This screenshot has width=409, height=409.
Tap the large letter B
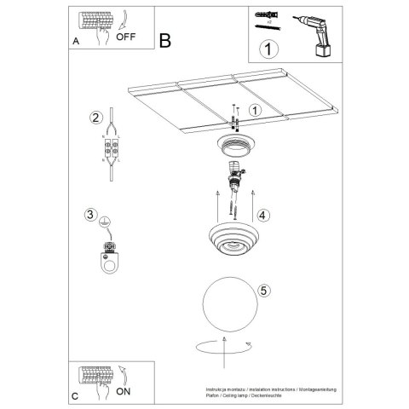coord(164,40)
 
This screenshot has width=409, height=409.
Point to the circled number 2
coord(96,117)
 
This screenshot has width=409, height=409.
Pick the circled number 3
coord(90,214)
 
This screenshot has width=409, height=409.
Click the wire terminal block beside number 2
coord(110,151)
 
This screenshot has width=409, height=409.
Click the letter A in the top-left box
coord(78,41)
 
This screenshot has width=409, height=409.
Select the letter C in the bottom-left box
coord(76,396)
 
